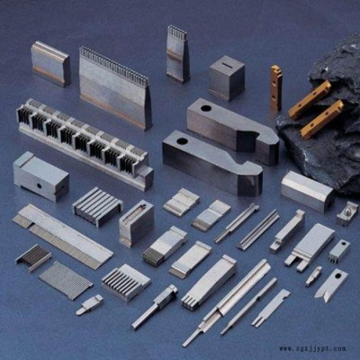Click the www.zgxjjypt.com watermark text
(312, 348)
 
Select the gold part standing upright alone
(276, 87)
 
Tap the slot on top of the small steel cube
(228, 64)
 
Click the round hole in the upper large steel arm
(206, 108)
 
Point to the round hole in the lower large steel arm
(182, 140)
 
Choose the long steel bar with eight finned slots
(85, 143)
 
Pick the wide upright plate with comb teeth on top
(115, 88)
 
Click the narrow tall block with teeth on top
(178, 54)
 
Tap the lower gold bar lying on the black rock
(322, 120)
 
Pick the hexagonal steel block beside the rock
(308, 191)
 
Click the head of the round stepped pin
(170, 290)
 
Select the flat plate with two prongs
(310, 247)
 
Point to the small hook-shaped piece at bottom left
(89, 304)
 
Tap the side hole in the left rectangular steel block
(40, 186)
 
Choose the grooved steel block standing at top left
(50, 64)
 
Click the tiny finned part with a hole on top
(339, 249)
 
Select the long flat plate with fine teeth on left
(62, 236)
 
